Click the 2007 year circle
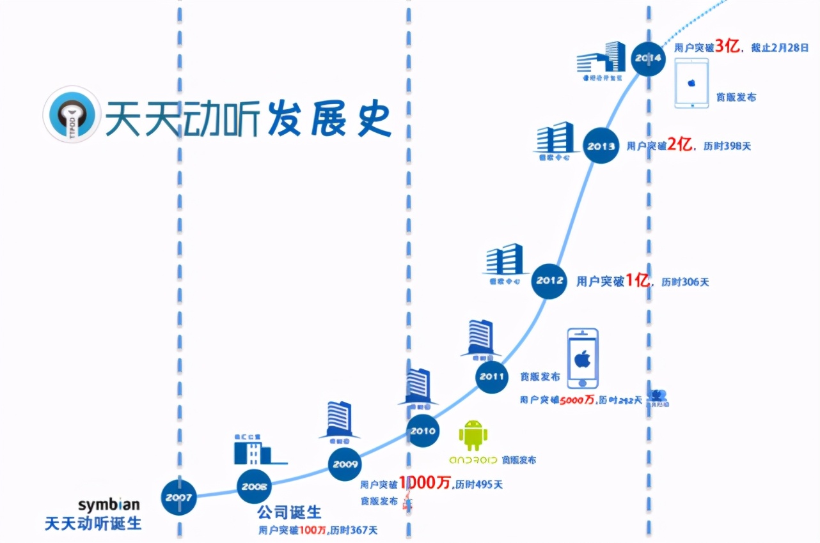point(178,497)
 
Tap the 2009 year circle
point(345,464)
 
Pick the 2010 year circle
point(423,431)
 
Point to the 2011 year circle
point(492,376)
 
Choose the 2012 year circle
point(550,280)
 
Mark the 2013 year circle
point(601,146)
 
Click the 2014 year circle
point(649,58)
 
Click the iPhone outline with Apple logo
point(583,359)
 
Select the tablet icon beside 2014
point(691,84)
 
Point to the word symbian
point(109,505)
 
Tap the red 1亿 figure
point(637,280)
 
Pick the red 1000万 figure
point(426,483)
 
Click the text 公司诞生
point(289,512)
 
